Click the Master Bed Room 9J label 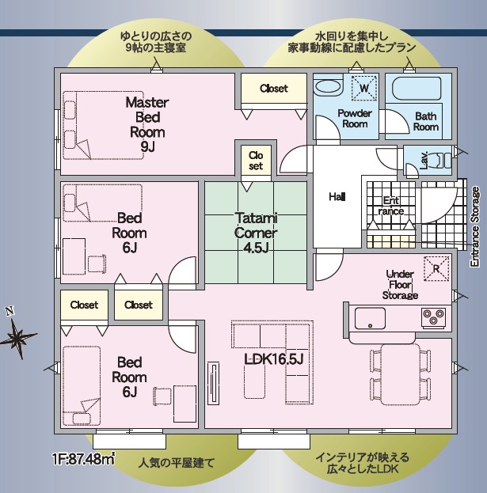(147, 124)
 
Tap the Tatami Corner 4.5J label (256, 233)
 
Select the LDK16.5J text (274, 360)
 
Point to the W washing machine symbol (364, 88)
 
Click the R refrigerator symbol (436, 268)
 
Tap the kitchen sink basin (370, 318)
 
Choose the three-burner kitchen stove (433, 317)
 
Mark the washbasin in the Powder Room (328, 86)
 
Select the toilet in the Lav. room (442, 161)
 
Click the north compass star (17, 336)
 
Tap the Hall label (337, 197)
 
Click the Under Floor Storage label (400, 285)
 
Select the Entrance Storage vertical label (475, 226)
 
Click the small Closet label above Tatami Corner (256, 161)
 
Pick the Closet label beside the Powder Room (274, 89)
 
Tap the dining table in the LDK (401, 374)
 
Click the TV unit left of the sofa (213, 384)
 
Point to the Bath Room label (425, 121)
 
